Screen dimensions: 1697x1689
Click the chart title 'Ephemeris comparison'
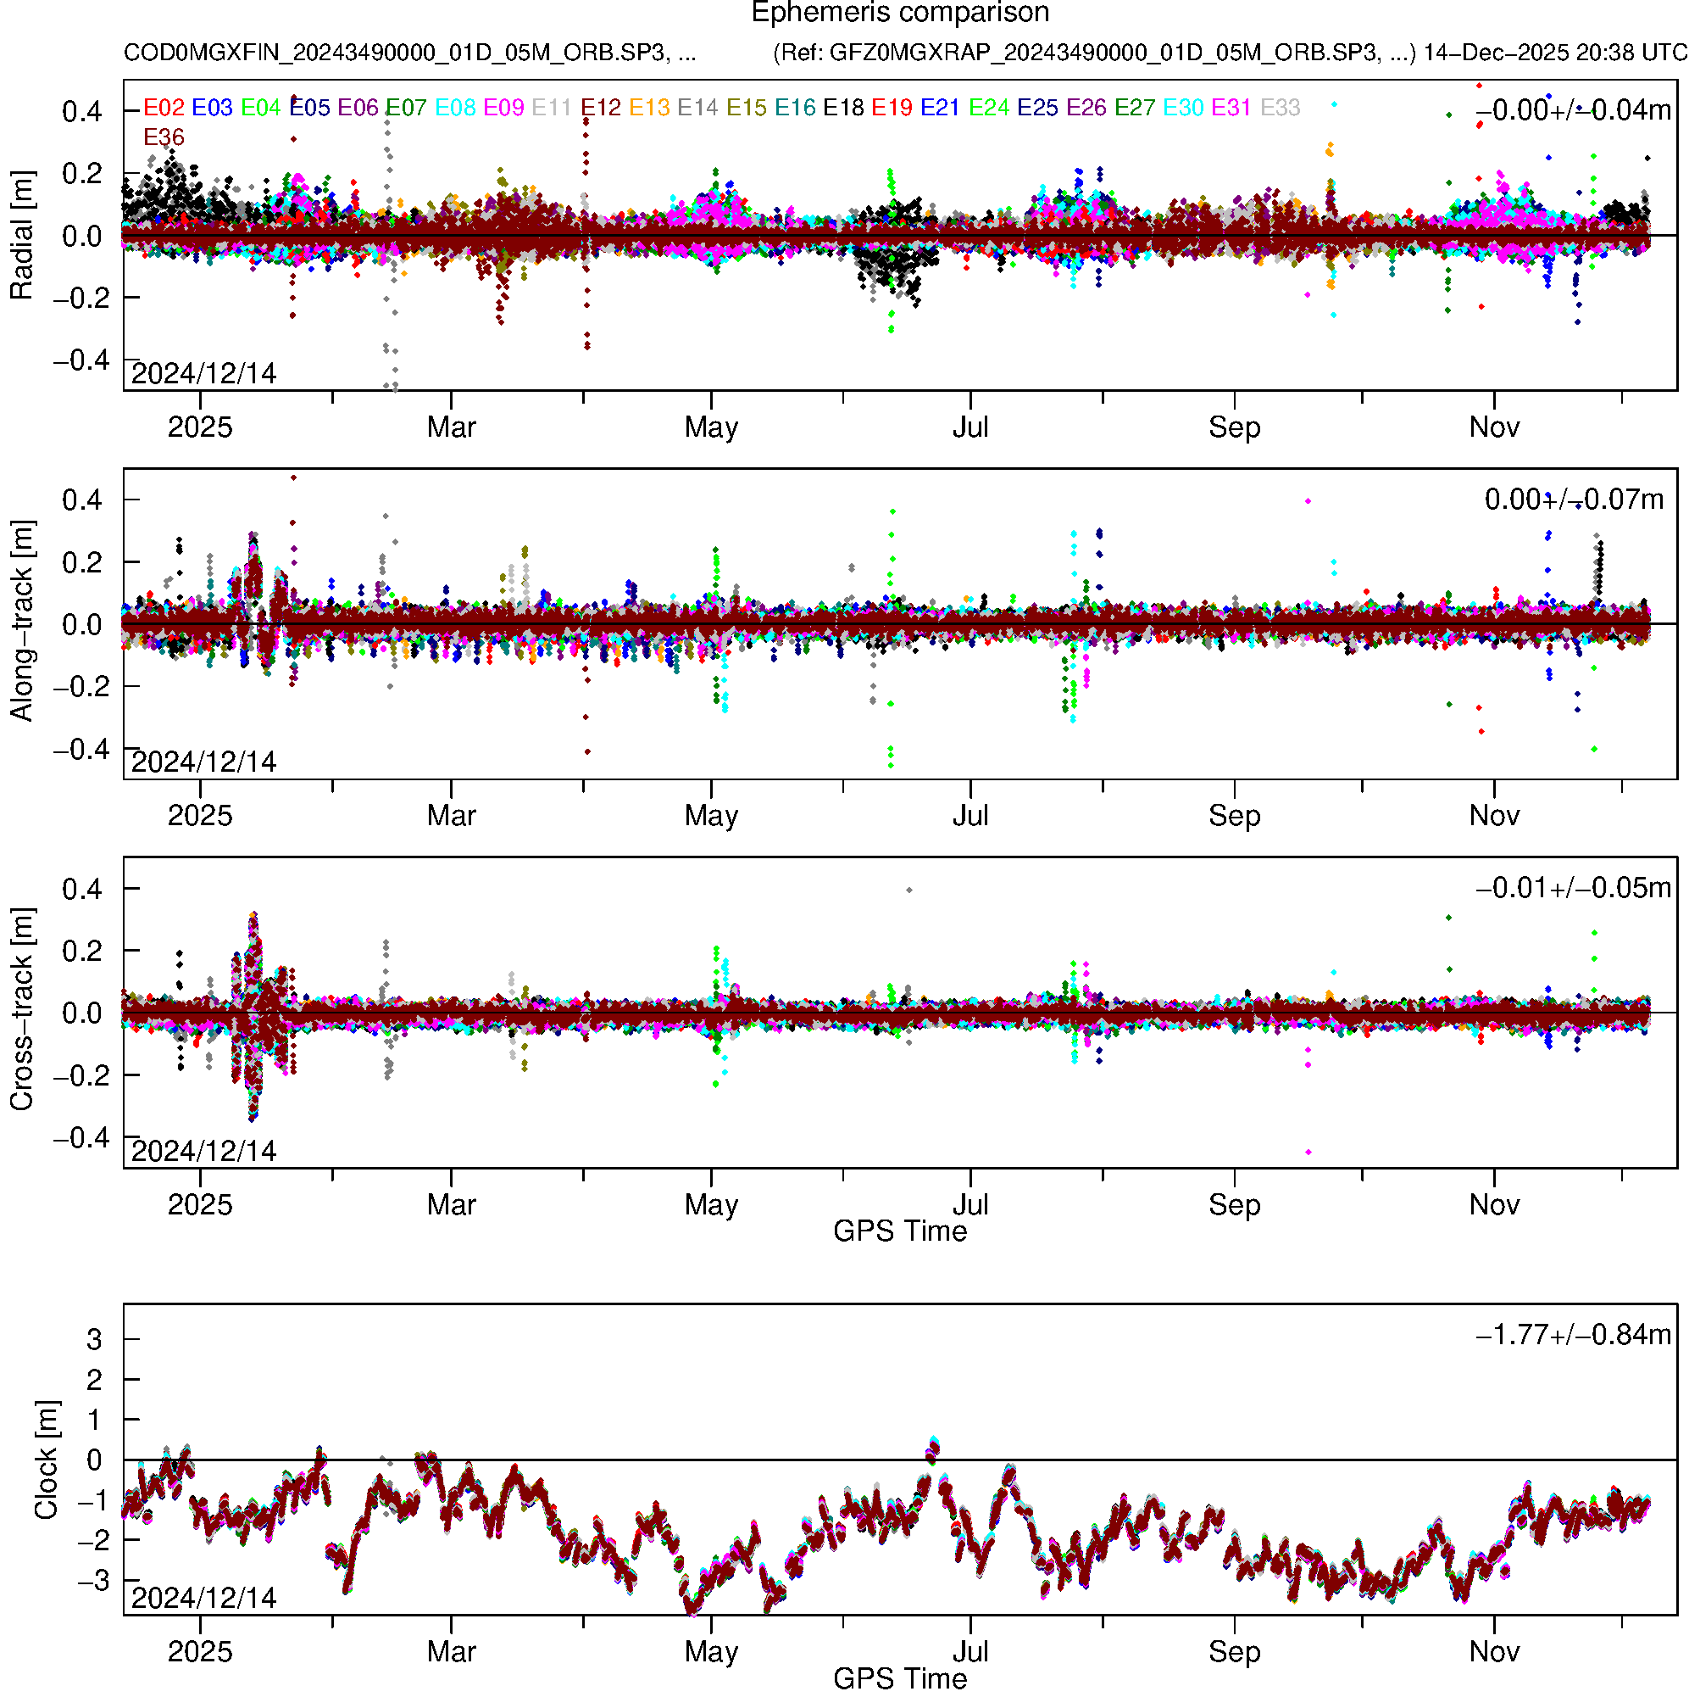tap(900, 14)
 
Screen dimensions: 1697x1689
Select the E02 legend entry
tap(164, 108)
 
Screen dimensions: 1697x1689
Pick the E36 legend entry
tap(164, 138)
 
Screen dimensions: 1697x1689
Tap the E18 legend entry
tap(842, 108)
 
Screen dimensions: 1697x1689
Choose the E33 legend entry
tap(1280, 108)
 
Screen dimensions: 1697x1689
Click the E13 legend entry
tap(649, 108)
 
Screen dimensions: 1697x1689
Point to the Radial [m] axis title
tap(22, 236)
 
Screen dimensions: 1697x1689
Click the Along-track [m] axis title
tap(22, 622)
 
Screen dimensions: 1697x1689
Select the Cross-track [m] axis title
tap(22, 1010)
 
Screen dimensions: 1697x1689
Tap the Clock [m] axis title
tap(46, 1460)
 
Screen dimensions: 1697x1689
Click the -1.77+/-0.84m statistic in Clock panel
tap(1573, 1335)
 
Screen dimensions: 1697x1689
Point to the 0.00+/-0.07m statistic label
tap(1573, 500)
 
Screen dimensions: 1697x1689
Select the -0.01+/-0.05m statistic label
tap(1573, 888)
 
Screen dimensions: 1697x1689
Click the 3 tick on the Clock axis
tap(94, 1340)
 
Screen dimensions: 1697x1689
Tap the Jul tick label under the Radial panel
tap(970, 427)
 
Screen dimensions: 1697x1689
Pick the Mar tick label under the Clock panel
tap(451, 1652)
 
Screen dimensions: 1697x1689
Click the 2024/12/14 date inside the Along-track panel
tap(203, 762)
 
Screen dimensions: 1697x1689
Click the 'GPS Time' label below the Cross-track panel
tap(900, 1231)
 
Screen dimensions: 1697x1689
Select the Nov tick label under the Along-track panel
tap(1494, 816)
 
